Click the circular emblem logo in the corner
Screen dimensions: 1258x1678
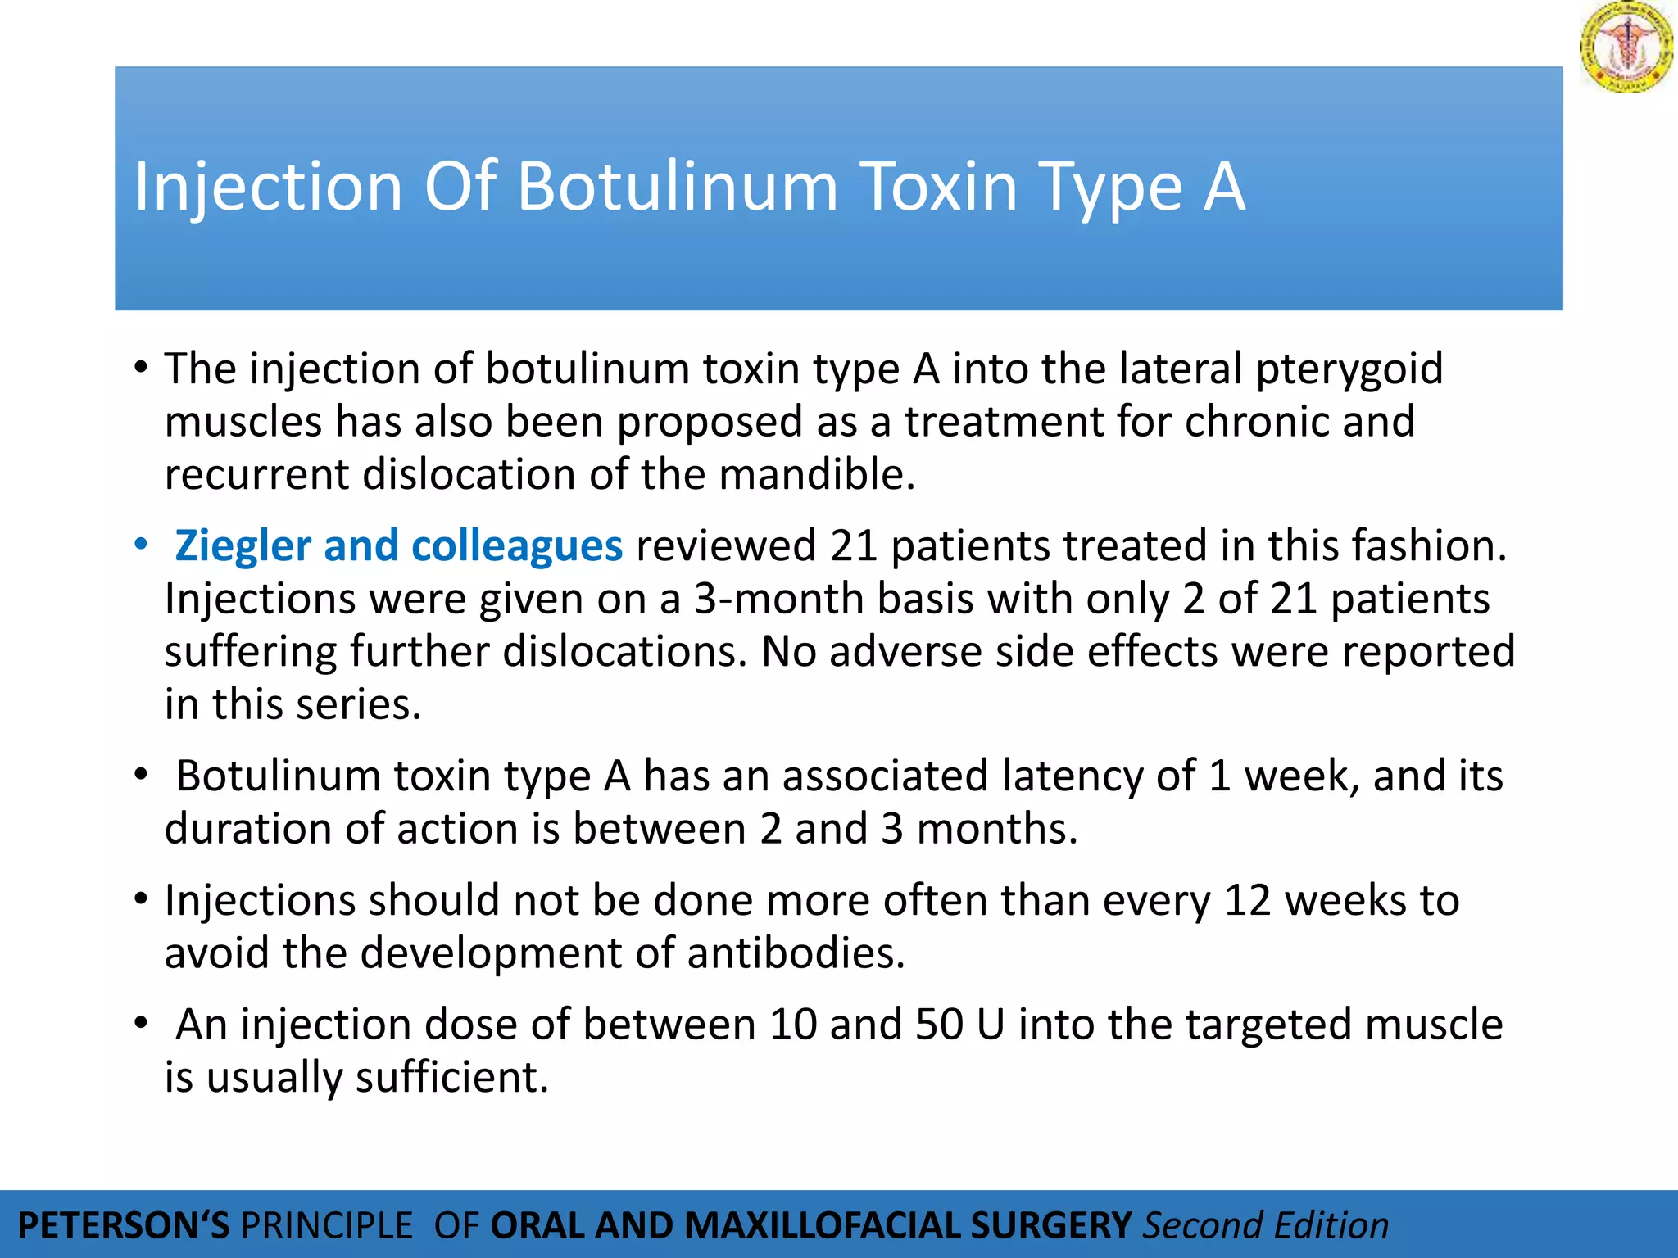1626,47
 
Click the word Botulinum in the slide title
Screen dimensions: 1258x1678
677,187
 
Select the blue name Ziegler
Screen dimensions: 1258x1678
243,546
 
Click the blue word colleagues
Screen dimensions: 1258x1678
516,546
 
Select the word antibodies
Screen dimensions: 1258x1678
796,953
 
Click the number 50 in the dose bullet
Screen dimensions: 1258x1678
939,1025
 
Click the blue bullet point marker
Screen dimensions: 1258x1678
142,544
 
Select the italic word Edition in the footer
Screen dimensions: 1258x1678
1331,1226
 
